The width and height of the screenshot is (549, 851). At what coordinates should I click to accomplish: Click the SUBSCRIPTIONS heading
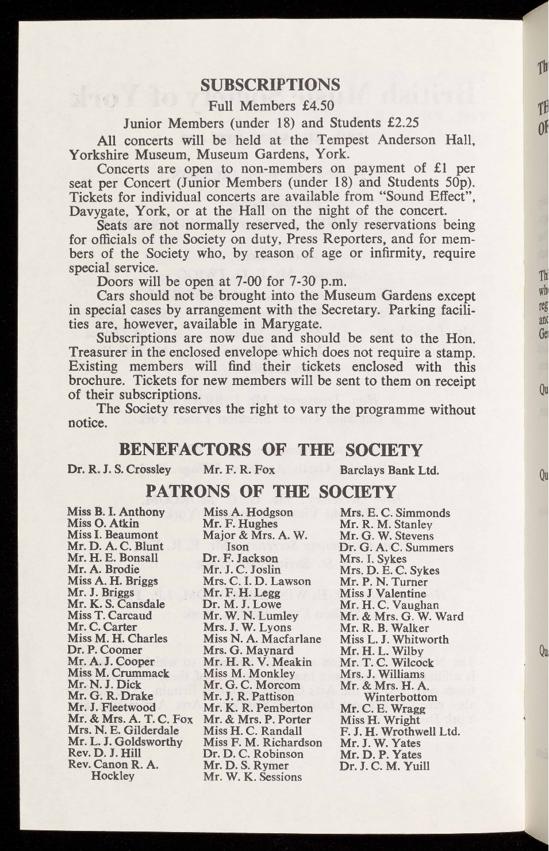click(x=270, y=85)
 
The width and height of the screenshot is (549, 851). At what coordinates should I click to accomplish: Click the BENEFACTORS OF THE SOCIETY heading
click(x=270, y=449)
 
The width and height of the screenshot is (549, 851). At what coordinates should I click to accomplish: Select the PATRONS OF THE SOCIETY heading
click(x=271, y=491)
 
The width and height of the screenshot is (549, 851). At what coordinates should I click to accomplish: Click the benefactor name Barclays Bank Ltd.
click(x=389, y=471)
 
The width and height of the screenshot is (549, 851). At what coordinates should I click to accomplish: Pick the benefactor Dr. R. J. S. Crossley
click(x=119, y=469)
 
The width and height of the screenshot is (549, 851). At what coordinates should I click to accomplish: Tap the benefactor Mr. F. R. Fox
click(x=239, y=469)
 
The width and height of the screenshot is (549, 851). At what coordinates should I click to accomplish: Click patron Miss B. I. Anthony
click(x=116, y=512)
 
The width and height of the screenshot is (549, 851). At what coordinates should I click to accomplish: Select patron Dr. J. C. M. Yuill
click(x=384, y=765)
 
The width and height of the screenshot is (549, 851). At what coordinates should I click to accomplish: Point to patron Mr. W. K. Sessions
click(x=252, y=777)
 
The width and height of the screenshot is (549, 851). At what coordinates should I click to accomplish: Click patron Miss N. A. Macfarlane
click(x=262, y=638)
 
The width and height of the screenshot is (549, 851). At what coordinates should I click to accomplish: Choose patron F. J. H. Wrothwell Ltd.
click(x=400, y=731)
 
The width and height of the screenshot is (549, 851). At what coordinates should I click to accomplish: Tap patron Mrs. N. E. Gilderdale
click(x=123, y=730)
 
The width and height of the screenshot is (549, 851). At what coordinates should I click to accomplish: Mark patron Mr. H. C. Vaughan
click(x=389, y=604)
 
